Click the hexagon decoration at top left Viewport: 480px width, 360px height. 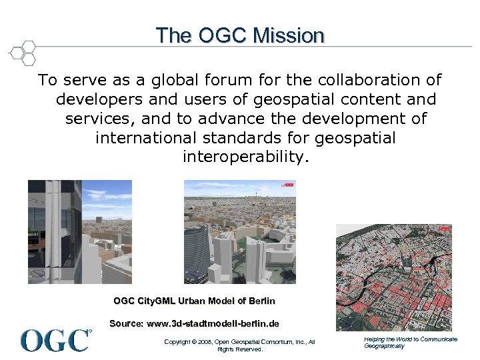coord(23,52)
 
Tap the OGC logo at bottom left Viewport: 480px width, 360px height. coord(56,340)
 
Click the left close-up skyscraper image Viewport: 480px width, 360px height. coord(79,232)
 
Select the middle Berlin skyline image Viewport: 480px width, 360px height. coord(239,232)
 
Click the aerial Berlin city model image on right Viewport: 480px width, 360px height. coord(393,277)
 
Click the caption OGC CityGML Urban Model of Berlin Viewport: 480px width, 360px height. coord(194,301)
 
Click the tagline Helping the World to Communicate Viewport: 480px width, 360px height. coord(410,339)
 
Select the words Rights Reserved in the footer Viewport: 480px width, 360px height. coord(240,349)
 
